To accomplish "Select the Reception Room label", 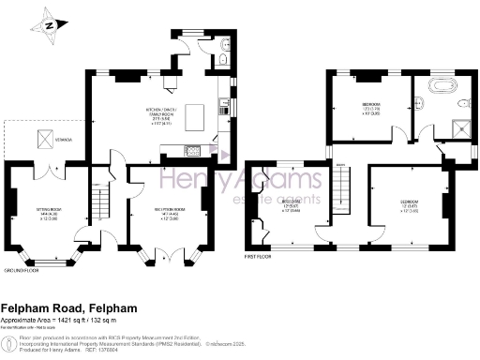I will [167, 211].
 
